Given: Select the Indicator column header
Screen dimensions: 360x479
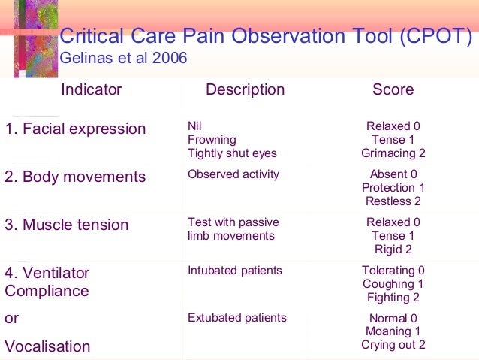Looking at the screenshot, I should pos(91,90).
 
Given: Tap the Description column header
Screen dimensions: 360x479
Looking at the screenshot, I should pos(245,90).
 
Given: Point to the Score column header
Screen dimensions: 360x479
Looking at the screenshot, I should pos(393,90).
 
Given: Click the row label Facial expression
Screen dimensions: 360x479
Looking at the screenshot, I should pos(75,129).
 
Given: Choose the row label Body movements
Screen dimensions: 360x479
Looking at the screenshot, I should pos(75,177).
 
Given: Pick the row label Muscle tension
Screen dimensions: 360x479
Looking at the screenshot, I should pos(67,225).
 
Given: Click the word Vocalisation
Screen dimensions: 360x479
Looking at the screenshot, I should pos(47,346).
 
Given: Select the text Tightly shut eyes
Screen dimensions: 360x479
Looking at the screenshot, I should pos(232,153).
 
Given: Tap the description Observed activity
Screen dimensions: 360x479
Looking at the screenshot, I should pos(233,174).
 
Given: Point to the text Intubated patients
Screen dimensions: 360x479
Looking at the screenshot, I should pos(235,271).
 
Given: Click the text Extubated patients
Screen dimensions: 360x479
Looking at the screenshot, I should pos(237,318).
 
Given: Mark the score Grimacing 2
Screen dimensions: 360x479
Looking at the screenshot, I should pos(393,153).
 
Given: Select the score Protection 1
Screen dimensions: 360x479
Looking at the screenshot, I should pos(393,188).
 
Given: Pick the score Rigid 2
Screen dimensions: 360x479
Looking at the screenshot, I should pos(393,250).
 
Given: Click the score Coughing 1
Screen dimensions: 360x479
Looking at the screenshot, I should pos(393,284).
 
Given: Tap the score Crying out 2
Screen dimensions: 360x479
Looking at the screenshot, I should pos(393,345).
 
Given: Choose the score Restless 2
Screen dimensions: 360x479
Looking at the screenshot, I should pos(393,201).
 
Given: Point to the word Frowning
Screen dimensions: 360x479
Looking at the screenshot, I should pos(212,140).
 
